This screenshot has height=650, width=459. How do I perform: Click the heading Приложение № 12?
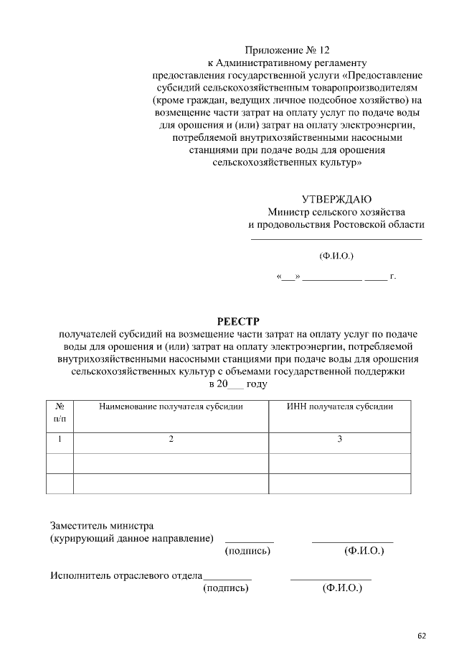[x=288, y=50]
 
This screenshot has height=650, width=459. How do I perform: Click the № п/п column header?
[x=60, y=412]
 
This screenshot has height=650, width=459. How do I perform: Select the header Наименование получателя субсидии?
[x=171, y=407]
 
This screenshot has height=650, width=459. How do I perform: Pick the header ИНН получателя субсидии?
[x=340, y=407]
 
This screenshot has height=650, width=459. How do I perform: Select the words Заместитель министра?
[x=101, y=525]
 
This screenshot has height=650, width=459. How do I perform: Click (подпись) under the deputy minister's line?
[x=248, y=551]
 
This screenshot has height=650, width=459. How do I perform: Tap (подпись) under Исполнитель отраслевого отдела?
[x=227, y=588]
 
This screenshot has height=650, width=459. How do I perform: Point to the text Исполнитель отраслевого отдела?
[x=126, y=575]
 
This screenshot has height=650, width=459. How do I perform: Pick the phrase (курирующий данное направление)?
[x=132, y=538]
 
